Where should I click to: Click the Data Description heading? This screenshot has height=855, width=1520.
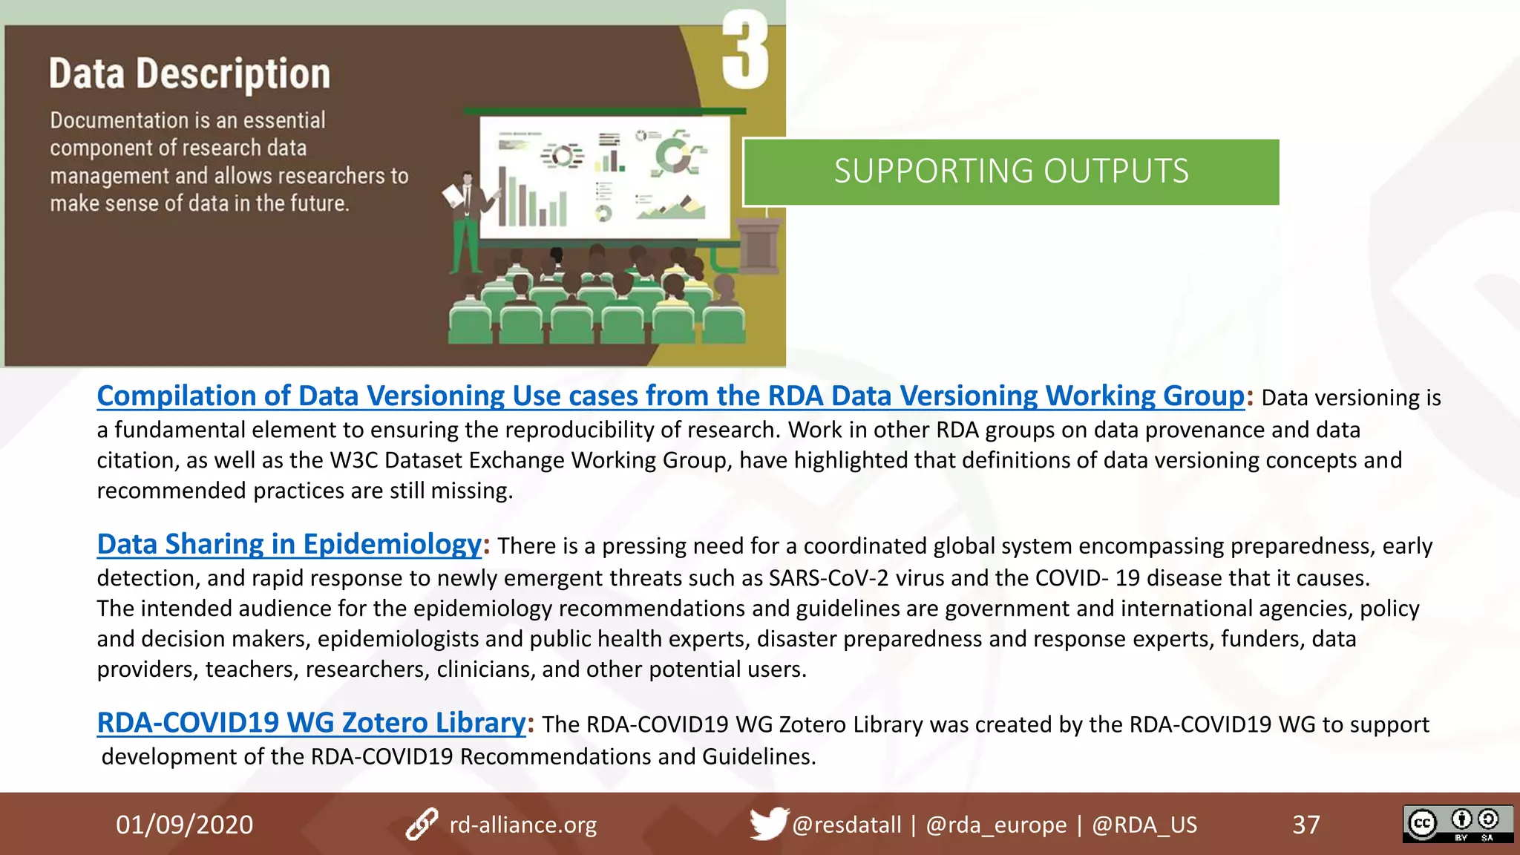189,74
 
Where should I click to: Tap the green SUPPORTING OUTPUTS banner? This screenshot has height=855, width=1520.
1011,171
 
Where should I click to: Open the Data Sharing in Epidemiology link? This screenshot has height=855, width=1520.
289,545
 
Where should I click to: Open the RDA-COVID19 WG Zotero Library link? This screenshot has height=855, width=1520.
311,723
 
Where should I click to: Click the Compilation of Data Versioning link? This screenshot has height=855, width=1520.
669,396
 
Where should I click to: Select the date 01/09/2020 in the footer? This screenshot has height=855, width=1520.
184,825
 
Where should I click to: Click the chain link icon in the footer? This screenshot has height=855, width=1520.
422,825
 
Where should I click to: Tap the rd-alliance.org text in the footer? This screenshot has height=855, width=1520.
522,825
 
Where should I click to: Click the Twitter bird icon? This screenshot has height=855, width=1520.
767,823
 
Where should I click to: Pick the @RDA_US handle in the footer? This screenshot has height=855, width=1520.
1144,825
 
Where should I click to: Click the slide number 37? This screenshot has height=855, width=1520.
1306,825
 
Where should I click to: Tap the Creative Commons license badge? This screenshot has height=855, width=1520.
1457,824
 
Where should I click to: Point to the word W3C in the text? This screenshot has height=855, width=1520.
353,461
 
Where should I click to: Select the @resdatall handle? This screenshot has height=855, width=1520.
846,825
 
